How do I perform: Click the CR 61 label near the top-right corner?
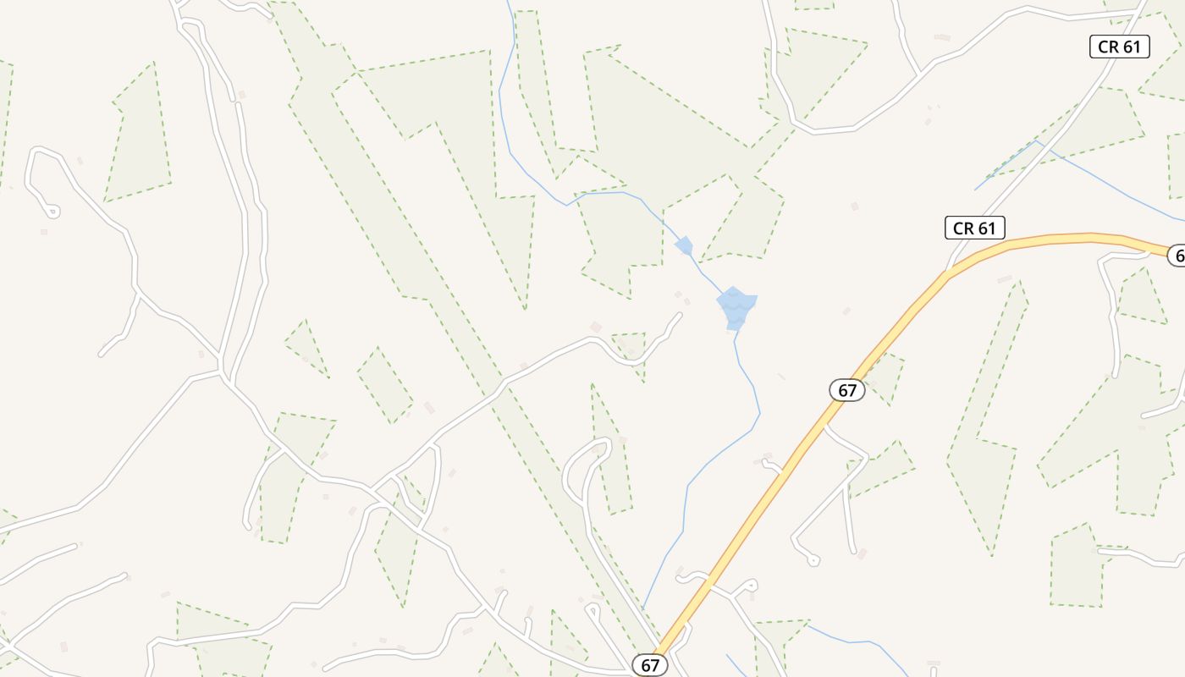[x=1119, y=47]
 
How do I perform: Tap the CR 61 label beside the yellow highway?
[x=974, y=228]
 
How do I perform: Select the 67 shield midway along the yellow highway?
[x=846, y=390]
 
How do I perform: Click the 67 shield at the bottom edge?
[x=649, y=665]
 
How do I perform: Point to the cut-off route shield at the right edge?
[x=1177, y=255]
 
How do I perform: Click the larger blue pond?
[x=736, y=306]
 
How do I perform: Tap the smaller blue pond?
[x=684, y=246]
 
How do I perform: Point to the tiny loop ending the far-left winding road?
[x=52, y=211]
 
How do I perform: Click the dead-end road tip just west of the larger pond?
[x=679, y=316]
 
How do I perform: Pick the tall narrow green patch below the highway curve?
[x=986, y=440]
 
